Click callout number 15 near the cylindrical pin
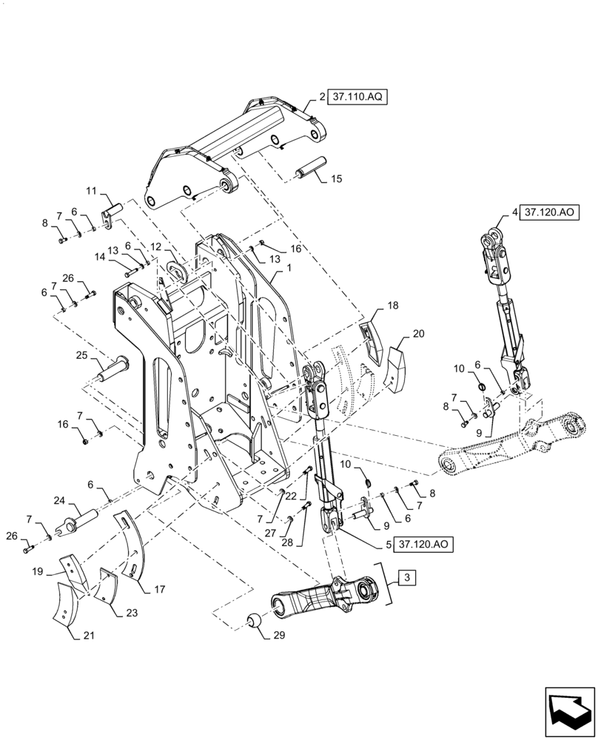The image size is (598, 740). pos(336,179)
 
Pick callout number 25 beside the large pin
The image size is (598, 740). pos(81,355)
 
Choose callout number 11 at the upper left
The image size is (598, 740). pos(91,191)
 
